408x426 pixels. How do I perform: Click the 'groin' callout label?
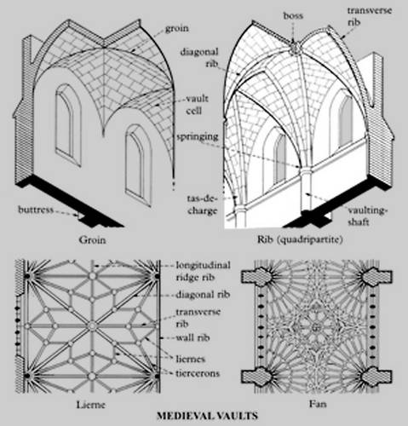pyautogui.click(x=177, y=29)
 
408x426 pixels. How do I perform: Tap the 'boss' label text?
pyautogui.click(x=293, y=15)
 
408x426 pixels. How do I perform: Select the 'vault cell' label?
pyautogui.click(x=197, y=105)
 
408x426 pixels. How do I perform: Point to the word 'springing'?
pyautogui.click(x=198, y=137)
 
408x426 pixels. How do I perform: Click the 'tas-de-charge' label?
pyautogui.click(x=202, y=204)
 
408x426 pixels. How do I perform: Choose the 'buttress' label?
pyautogui.click(x=36, y=210)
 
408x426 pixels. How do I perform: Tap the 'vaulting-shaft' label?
pyautogui.click(x=367, y=216)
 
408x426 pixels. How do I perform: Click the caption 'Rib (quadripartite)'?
pyautogui.click(x=300, y=239)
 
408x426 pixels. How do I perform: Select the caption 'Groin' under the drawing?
pyautogui.click(x=92, y=240)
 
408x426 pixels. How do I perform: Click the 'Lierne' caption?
pyautogui.click(x=91, y=404)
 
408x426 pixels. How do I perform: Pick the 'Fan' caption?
pyautogui.click(x=318, y=404)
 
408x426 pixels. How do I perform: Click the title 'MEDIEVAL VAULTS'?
pyautogui.click(x=207, y=416)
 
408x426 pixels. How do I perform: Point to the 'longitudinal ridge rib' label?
pyautogui.click(x=203, y=271)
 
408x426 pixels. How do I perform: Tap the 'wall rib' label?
pyautogui.click(x=193, y=337)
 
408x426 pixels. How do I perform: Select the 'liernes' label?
pyautogui.click(x=190, y=359)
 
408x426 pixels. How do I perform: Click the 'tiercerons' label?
pyautogui.click(x=198, y=373)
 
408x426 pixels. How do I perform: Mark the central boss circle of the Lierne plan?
pyautogui.click(x=92, y=326)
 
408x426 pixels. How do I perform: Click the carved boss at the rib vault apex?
pyautogui.click(x=294, y=48)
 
